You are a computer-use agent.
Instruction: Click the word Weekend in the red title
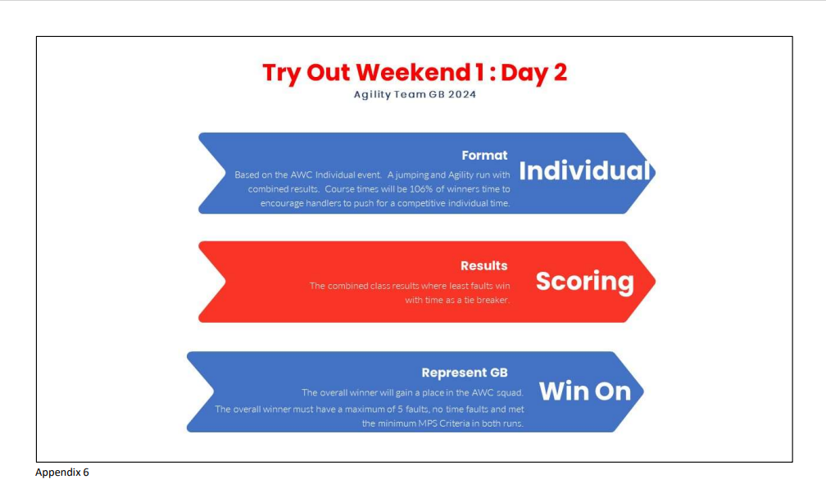[414, 72]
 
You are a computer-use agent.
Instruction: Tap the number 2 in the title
[560, 72]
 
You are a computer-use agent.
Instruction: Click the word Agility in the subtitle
[372, 95]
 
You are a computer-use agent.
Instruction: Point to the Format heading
[484, 156]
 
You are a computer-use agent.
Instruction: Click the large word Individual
[585, 170]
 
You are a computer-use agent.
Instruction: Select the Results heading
[483, 265]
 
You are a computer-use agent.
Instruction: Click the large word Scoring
[585, 281]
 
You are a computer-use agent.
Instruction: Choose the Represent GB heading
[464, 373]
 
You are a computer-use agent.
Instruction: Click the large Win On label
[585, 391]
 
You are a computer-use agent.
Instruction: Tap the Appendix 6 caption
[62, 473]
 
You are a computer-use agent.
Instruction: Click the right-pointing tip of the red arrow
[656, 282]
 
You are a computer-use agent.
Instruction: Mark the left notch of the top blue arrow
[225, 173]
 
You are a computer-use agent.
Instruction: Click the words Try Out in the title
[306, 73]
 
